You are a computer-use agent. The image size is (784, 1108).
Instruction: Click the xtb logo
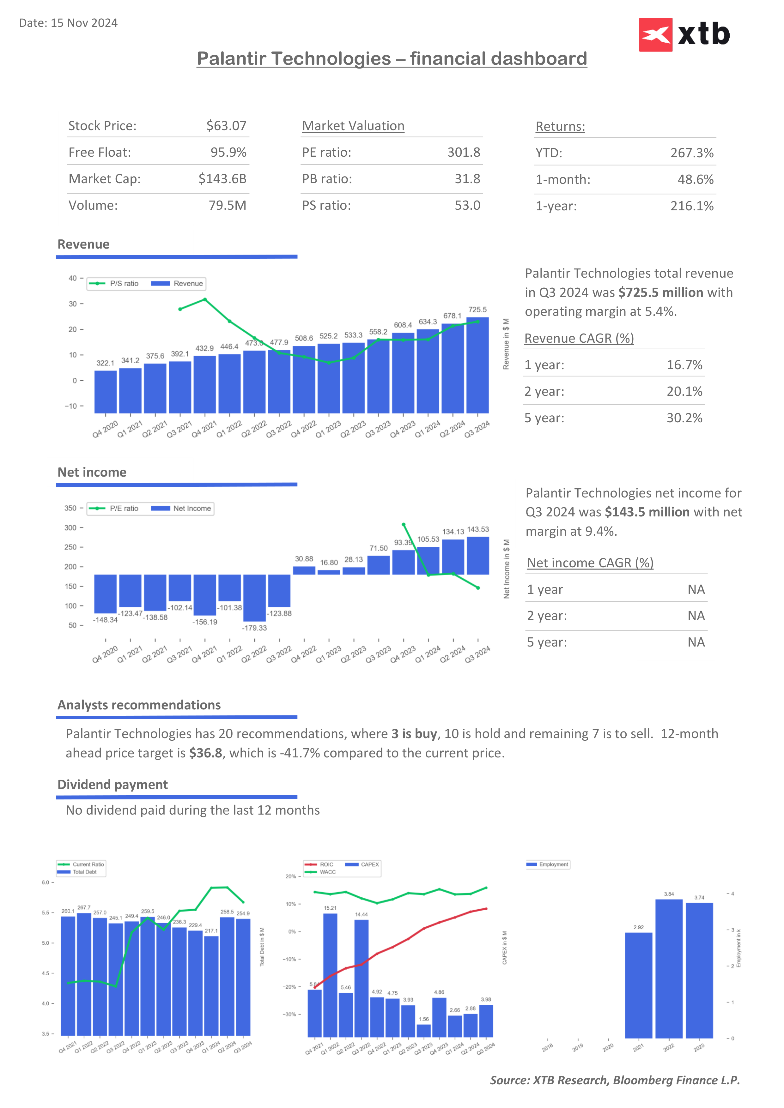tap(684, 35)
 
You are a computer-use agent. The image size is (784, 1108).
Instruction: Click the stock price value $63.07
tap(226, 126)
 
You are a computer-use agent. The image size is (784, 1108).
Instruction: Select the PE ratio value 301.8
tap(464, 153)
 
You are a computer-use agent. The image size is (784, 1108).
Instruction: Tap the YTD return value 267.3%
tap(691, 153)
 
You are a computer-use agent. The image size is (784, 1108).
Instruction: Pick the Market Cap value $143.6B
tap(222, 179)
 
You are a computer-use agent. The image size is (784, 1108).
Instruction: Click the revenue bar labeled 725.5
tap(477, 365)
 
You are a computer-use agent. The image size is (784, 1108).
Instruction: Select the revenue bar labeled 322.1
tap(105, 391)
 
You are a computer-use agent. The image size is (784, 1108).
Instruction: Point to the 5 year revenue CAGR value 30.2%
tap(684, 418)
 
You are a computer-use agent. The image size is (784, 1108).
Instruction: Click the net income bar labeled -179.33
tap(254, 598)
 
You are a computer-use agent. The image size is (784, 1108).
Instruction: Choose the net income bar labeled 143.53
tap(478, 556)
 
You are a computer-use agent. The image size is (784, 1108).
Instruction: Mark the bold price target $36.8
tap(206, 753)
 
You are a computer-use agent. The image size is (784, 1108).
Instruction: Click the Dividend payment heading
tap(112, 785)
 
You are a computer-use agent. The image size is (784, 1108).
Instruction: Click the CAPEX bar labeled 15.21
tap(330, 975)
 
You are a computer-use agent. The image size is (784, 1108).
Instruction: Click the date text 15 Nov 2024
tap(84, 23)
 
